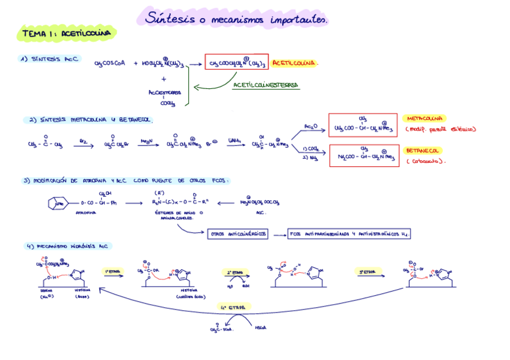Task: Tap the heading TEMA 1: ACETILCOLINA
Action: pos(67,34)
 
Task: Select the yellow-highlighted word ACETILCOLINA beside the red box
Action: pos(294,63)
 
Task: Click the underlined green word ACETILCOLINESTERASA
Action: pos(266,85)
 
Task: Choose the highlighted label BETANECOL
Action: pos(423,150)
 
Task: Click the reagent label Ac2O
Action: pos(310,126)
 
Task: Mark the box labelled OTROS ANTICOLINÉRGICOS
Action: pos(238,234)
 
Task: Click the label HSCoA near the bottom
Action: pos(261,328)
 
